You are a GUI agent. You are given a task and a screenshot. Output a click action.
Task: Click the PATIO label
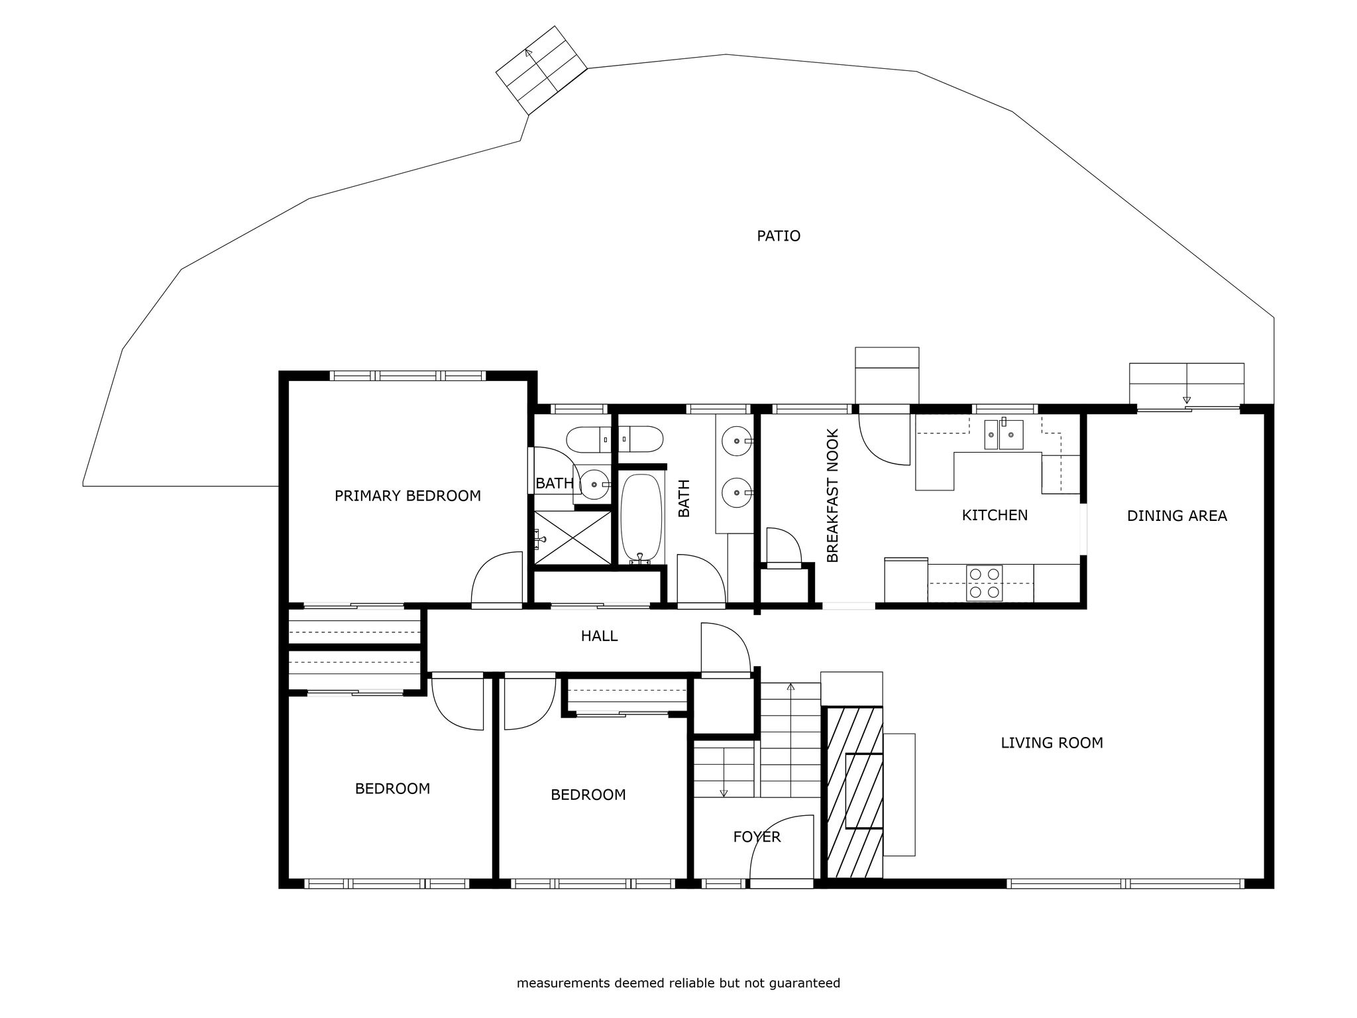click(779, 236)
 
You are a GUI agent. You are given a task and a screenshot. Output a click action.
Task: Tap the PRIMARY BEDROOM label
click(407, 496)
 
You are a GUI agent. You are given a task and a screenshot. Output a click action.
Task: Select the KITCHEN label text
click(995, 515)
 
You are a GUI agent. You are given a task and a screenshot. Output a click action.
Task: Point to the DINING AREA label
click(1177, 516)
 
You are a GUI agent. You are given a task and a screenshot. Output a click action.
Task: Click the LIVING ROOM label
click(1052, 743)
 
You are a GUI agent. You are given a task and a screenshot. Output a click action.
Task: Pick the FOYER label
click(757, 837)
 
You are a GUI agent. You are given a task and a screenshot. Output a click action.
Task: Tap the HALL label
click(599, 636)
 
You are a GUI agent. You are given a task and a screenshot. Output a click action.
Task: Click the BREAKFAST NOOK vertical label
click(833, 496)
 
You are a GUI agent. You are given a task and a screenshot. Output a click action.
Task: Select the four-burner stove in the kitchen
click(984, 583)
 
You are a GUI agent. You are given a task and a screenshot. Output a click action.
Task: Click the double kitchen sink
click(1003, 435)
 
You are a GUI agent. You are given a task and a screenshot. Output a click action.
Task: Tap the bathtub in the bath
click(641, 518)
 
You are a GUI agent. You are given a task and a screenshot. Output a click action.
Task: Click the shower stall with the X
click(572, 537)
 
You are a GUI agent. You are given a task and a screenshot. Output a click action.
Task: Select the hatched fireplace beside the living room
click(855, 792)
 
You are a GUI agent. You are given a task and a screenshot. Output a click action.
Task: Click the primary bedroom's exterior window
click(407, 376)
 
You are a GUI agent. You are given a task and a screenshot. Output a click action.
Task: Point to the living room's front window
click(1125, 883)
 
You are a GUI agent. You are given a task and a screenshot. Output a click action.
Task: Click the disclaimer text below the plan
click(678, 983)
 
